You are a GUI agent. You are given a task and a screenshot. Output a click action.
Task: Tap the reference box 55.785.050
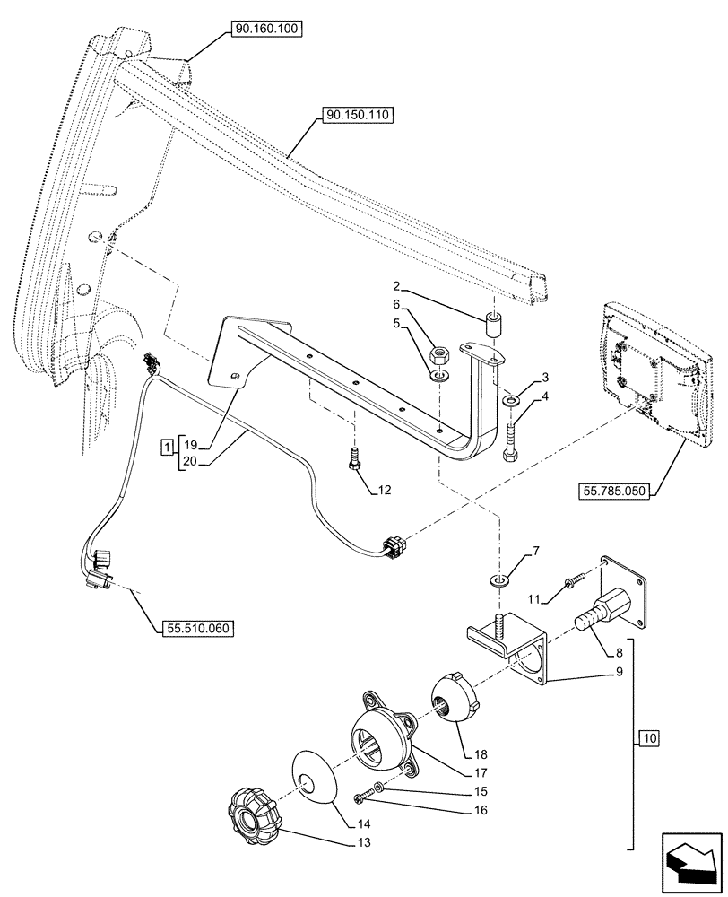coord(611,491)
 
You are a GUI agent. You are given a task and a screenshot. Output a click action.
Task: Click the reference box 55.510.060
coord(198,629)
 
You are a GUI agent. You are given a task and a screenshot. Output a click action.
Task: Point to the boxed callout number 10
coord(649,738)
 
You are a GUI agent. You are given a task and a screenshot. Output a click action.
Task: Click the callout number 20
coord(188,462)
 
